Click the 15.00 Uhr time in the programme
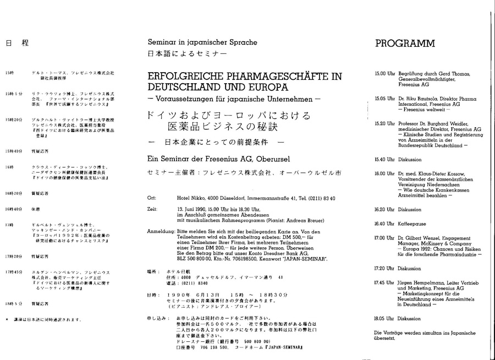point(382,73)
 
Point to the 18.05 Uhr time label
point(382,318)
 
